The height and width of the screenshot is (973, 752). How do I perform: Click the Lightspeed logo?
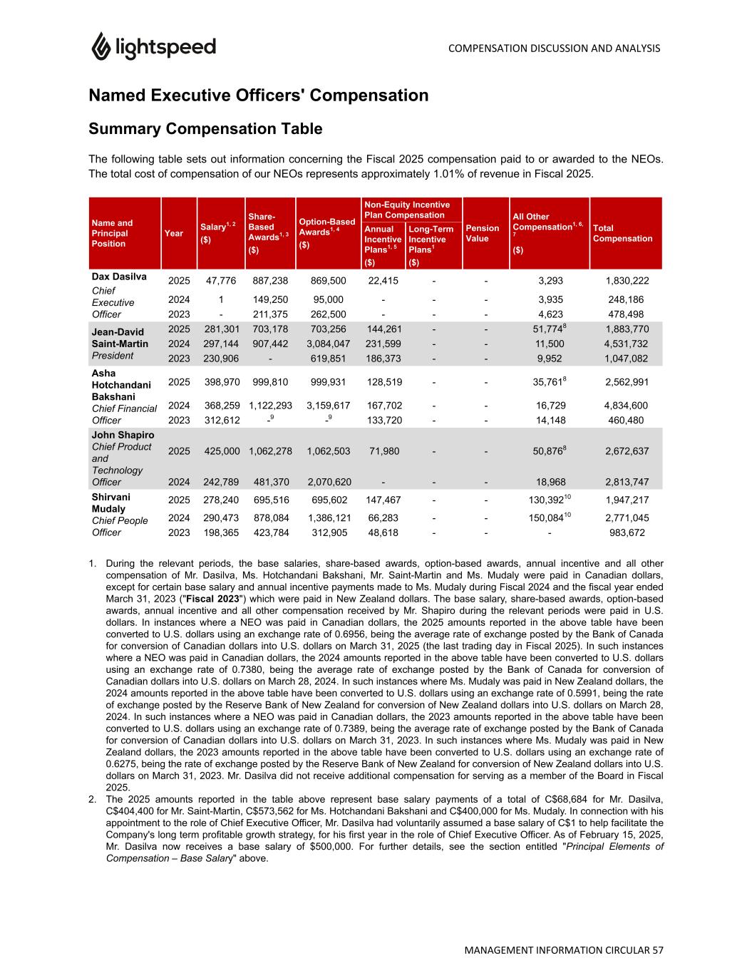[x=153, y=47]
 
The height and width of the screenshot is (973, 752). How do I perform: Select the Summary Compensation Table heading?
[x=205, y=129]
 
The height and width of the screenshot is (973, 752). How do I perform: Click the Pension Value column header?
[x=482, y=233]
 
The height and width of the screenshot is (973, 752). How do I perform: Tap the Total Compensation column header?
[x=622, y=233]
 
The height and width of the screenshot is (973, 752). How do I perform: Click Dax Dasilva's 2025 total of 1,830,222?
[x=627, y=281]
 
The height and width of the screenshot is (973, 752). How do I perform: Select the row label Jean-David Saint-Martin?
[x=120, y=338]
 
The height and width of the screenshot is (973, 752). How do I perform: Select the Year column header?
[x=173, y=233]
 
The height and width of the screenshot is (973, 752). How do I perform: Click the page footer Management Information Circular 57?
[x=564, y=950]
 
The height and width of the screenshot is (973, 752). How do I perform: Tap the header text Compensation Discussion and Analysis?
[x=555, y=48]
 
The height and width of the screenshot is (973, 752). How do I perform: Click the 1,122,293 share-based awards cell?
[x=270, y=406]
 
